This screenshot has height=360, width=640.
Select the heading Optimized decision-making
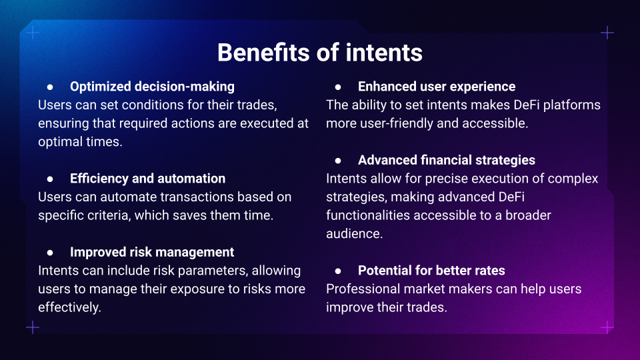[x=152, y=87]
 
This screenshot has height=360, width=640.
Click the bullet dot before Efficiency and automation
[x=50, y=179]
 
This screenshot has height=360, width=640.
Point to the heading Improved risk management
[x=152, y=252]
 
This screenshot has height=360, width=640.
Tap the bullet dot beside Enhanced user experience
[x=338, y=87]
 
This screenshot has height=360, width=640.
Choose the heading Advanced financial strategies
[x=447, y=160]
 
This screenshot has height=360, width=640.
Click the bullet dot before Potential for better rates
[x=338, y=271]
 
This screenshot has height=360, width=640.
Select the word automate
[x=129, y=197]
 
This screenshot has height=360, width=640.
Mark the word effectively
[x=69, y=307]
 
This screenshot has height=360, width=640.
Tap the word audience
[x=354, y=234]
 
